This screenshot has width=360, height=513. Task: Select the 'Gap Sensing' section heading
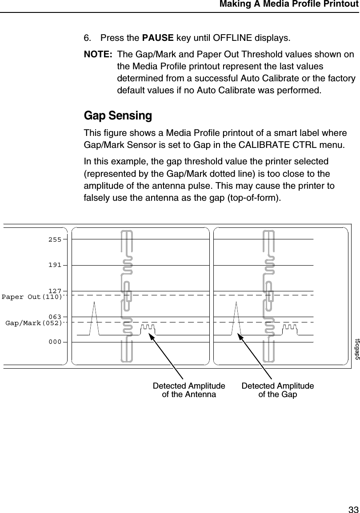pyautogui.click(x=118, y=116)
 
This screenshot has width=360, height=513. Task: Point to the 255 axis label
pyautogui.click(x=55, y=239)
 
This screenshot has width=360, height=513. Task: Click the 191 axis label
pyautogui.click(x=55, y=265)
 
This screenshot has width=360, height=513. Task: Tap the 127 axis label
pyautogui.click(x=55, y=291)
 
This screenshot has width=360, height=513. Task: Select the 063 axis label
pyautogui.click(x=55, y=317)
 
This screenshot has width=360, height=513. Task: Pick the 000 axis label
pyautogui.click(x=55, y=342)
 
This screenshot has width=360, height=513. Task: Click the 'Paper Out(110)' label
pyautogui.click(x=32, y=296)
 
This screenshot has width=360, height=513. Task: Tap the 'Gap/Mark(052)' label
pyautogui.click(x=33, y=323)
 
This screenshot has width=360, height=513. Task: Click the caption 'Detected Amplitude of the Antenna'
pyautogui.click(x=189, y=390)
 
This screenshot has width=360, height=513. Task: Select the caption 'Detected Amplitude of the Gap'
pyautogui.click(x=277, y=390)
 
